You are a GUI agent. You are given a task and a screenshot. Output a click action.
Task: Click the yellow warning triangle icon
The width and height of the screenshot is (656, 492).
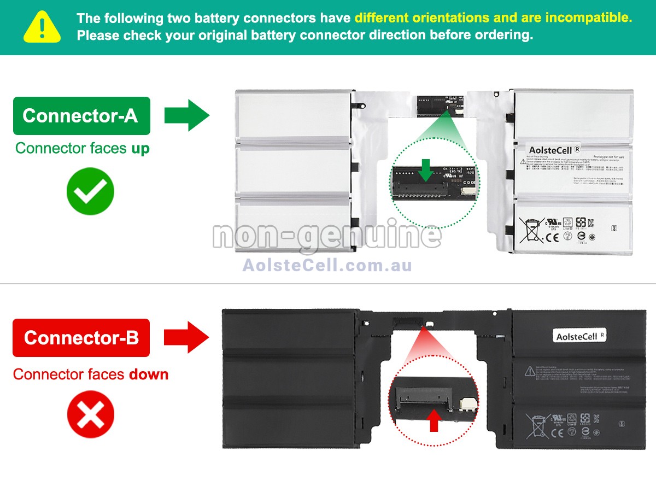pos(42,26)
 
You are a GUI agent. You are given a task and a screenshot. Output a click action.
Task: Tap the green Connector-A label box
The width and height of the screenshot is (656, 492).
pos(81,116)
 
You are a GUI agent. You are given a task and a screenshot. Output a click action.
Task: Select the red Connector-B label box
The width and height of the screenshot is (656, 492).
pos(81,338)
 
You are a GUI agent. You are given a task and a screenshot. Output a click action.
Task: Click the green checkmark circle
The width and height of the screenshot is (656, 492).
pos(90,191)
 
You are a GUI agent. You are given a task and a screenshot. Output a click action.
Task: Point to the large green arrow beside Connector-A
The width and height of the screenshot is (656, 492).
pos(187,115)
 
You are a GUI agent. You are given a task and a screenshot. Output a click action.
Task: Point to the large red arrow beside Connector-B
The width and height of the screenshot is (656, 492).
pos(187,337)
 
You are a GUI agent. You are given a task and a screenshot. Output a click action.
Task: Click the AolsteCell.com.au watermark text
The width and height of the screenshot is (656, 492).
pos(327,265)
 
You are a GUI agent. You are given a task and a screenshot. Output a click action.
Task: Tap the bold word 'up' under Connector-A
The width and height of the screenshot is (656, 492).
pos(140,148)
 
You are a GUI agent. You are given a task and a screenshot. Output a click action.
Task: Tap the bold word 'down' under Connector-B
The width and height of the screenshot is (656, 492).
pos(149,374)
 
